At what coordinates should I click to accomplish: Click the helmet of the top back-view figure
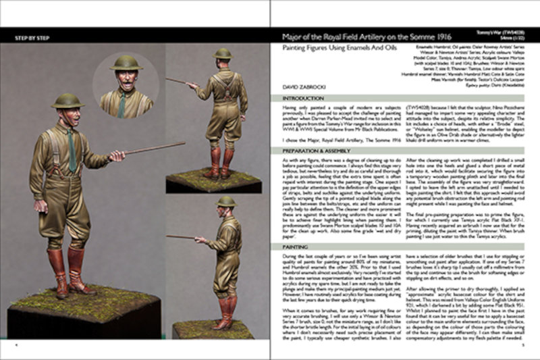tap(222, 53)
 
